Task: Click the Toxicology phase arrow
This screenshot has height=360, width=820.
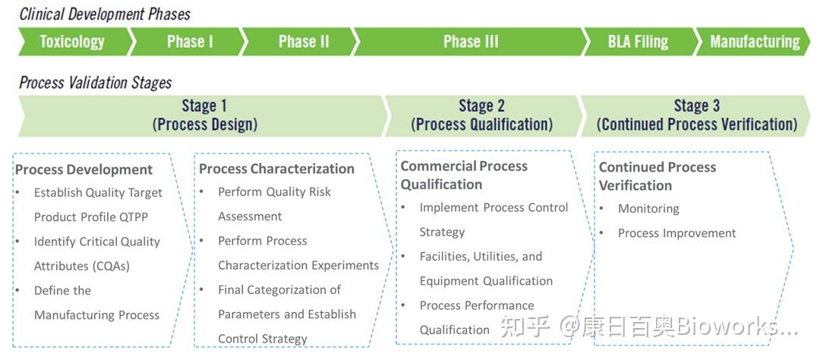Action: [73, 42]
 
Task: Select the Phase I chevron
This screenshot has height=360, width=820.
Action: [188, 42]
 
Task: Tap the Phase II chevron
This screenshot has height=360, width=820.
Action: [301, 42]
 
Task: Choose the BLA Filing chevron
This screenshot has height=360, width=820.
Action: [641, 42]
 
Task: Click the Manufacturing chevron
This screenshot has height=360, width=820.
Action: [754, 42]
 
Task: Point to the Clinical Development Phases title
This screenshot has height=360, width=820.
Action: [105, 14]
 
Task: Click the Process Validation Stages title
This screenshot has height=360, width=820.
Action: [96, 83]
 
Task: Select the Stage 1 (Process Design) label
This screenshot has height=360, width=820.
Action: [205, 115]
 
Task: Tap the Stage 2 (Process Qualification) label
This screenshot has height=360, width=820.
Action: [481, 115]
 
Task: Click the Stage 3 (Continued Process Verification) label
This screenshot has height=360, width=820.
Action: [697, 115]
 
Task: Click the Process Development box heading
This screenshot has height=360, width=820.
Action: [84, 169]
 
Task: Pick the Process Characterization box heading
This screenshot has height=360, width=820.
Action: [276, 169]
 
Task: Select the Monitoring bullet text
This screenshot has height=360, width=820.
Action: [648, 209]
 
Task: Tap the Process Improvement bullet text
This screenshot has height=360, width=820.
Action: [676, 233]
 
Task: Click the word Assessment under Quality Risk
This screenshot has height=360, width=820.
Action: [250, 216]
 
